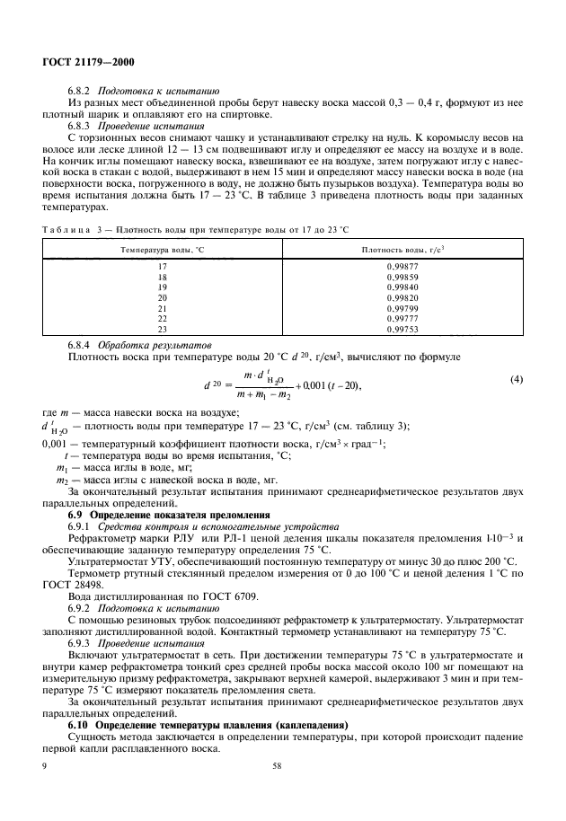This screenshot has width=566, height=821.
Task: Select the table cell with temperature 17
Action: click(163, 268)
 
